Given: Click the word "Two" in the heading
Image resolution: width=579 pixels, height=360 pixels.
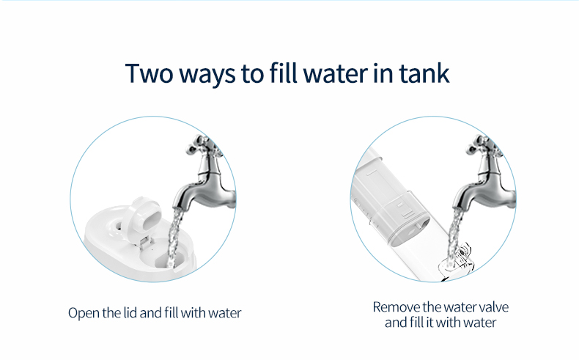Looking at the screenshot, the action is (150, 73).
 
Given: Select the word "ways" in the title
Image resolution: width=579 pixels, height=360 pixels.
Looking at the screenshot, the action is (207, 76).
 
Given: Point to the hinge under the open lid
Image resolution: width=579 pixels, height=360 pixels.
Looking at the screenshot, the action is (146, 242).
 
